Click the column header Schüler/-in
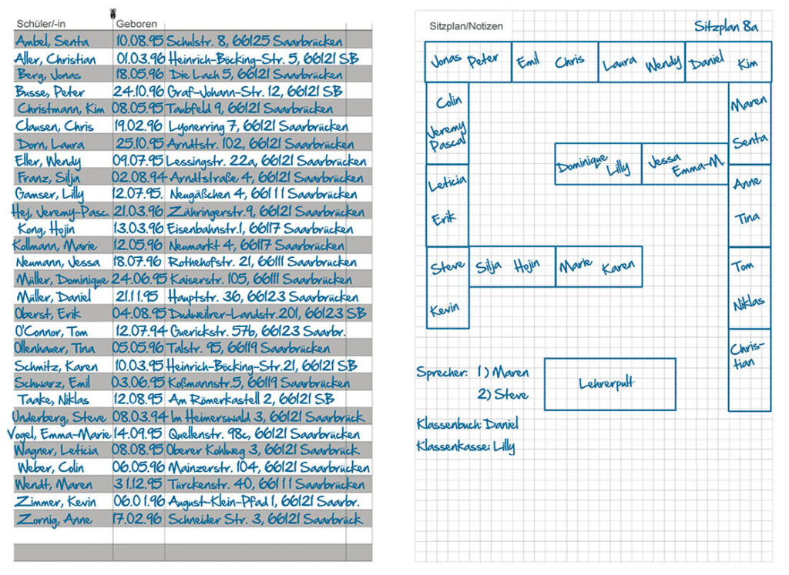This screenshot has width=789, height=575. pos(41,24)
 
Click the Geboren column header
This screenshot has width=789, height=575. pos(136,24)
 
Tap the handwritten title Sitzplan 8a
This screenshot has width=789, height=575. pos(726,26)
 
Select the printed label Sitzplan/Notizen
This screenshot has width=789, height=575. pos(466,26)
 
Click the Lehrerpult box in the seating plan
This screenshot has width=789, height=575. pos(610,384)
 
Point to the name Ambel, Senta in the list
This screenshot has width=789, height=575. pos(52,41)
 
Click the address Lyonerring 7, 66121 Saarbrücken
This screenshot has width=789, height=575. pos(258,125)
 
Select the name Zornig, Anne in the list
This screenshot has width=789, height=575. pos(55,520)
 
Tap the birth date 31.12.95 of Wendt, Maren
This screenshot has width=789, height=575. pos(138,484)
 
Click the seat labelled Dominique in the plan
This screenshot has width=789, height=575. pos(581,164)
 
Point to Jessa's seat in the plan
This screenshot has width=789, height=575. pos(665,160)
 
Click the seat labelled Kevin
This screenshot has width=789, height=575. pos(445,309)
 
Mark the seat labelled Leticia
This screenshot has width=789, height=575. pos(448,183)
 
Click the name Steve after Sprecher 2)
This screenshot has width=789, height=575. pos(511,395)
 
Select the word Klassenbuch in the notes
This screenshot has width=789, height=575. pos(449,424)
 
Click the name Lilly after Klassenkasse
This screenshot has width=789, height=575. pos(504,446)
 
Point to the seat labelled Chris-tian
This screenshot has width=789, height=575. pos(747,355)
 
